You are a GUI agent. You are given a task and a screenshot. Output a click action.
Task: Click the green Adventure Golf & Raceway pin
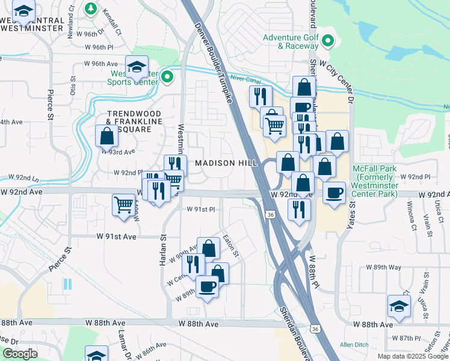click(x=328, y=42)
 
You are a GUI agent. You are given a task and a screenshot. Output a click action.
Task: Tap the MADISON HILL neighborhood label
click(x=226, y=164)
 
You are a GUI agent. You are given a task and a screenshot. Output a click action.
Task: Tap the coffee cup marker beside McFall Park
click(x=334, y=193)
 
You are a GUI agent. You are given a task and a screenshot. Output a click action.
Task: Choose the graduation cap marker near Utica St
click(x=399, y=306)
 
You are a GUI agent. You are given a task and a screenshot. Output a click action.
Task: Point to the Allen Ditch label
click(x=354, y=344)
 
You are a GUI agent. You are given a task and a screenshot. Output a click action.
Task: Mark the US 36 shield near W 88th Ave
click(x=315, y=329)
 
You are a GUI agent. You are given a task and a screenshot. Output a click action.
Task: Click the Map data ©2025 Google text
click(x=413, y=356)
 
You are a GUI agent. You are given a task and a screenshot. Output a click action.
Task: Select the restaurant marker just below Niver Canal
click(x=260, y=96)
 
